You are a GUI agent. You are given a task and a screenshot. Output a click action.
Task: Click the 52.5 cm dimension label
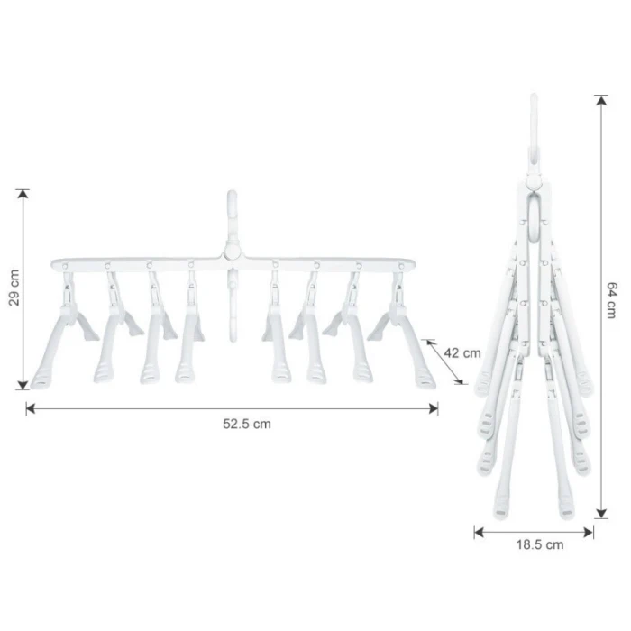pyautogui.click(x=247, y=425)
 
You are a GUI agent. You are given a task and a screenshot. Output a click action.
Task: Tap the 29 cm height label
pyautogui.click(x=14, y=288)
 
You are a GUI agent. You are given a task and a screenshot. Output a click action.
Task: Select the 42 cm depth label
pyautogui.click(x=462, y=353)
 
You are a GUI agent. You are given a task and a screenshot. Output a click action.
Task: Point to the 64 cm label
pyautogui.click(x=611, y=300)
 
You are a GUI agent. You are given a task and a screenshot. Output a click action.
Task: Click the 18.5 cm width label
pyautogui.click(x=540, y=544)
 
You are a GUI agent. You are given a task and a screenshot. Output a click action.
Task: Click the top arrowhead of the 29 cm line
pyautogui.click(x=23, y=194)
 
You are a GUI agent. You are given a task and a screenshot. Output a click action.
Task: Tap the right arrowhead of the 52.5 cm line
pyautogui.click(x=434, y=409)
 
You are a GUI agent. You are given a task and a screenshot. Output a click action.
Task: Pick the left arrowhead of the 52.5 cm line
pyautogui.click(x=31, y=409)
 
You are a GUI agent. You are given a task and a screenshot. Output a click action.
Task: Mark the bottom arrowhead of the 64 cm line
pyautogui.click(x=601, y=513)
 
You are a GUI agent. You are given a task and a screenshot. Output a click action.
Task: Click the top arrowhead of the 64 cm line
pyautogui.click(x=601, y=100)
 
